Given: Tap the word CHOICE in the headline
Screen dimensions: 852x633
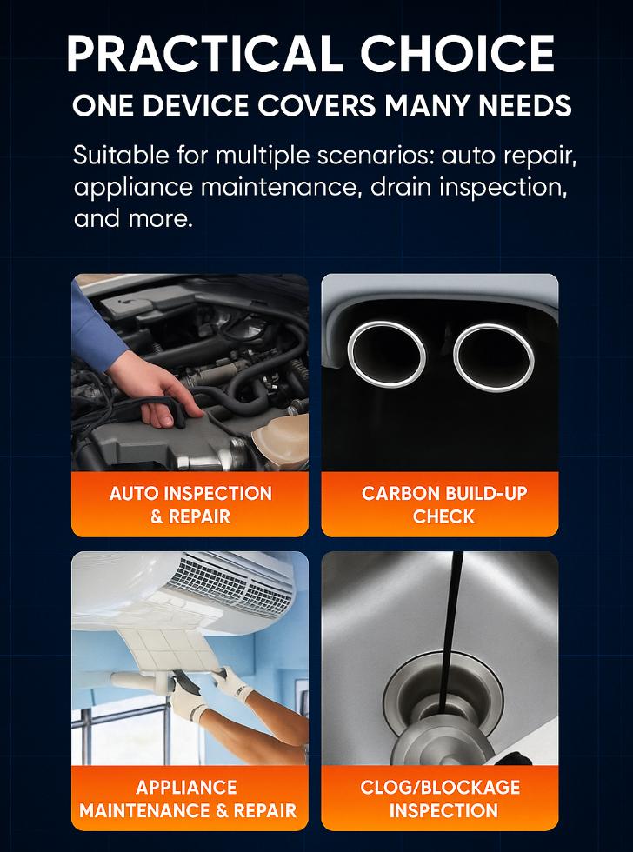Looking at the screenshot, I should [458, 54].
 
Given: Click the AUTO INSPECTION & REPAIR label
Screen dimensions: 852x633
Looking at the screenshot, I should [190, 504].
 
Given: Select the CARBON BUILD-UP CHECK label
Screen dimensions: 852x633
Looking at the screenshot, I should [443, 504].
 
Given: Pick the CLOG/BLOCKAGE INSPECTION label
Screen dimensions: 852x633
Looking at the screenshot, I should [441, 798].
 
